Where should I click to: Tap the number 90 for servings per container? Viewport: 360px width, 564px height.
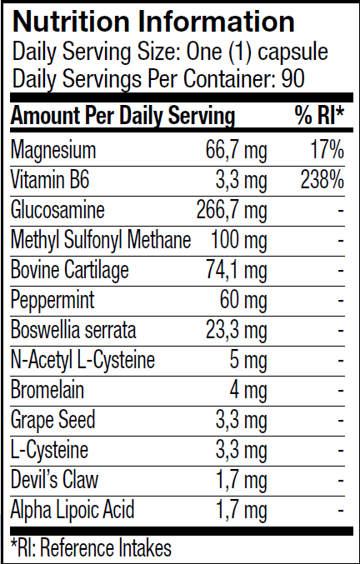[293, 77]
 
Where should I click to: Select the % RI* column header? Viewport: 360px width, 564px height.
[319, 116]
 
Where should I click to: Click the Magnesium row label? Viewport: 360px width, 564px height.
[53, 151]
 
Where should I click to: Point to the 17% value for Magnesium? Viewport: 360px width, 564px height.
[327, 150]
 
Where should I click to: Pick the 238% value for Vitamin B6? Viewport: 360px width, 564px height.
[322, 180]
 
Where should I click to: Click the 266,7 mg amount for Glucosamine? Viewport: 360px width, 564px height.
[232, 211]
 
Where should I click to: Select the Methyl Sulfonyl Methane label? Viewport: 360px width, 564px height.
[101, 240]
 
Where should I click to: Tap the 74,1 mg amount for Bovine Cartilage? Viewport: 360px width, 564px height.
[237, 271]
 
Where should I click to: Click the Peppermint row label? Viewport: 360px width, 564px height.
[52, 301]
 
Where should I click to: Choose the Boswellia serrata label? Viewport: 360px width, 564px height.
[73, 330]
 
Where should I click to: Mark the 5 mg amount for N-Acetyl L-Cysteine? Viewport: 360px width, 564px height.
[248, 361]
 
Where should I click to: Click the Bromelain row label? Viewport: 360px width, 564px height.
[47, 390]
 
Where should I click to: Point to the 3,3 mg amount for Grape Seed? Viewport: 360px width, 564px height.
[242, 421]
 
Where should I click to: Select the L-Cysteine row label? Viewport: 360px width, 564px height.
[50, 451]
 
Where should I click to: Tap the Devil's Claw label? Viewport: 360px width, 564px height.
[54, 480]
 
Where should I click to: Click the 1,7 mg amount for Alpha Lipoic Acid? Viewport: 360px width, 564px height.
[242, 511]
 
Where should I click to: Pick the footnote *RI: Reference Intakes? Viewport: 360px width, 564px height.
[91, 548]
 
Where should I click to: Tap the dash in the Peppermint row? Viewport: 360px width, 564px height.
[341, 301]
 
